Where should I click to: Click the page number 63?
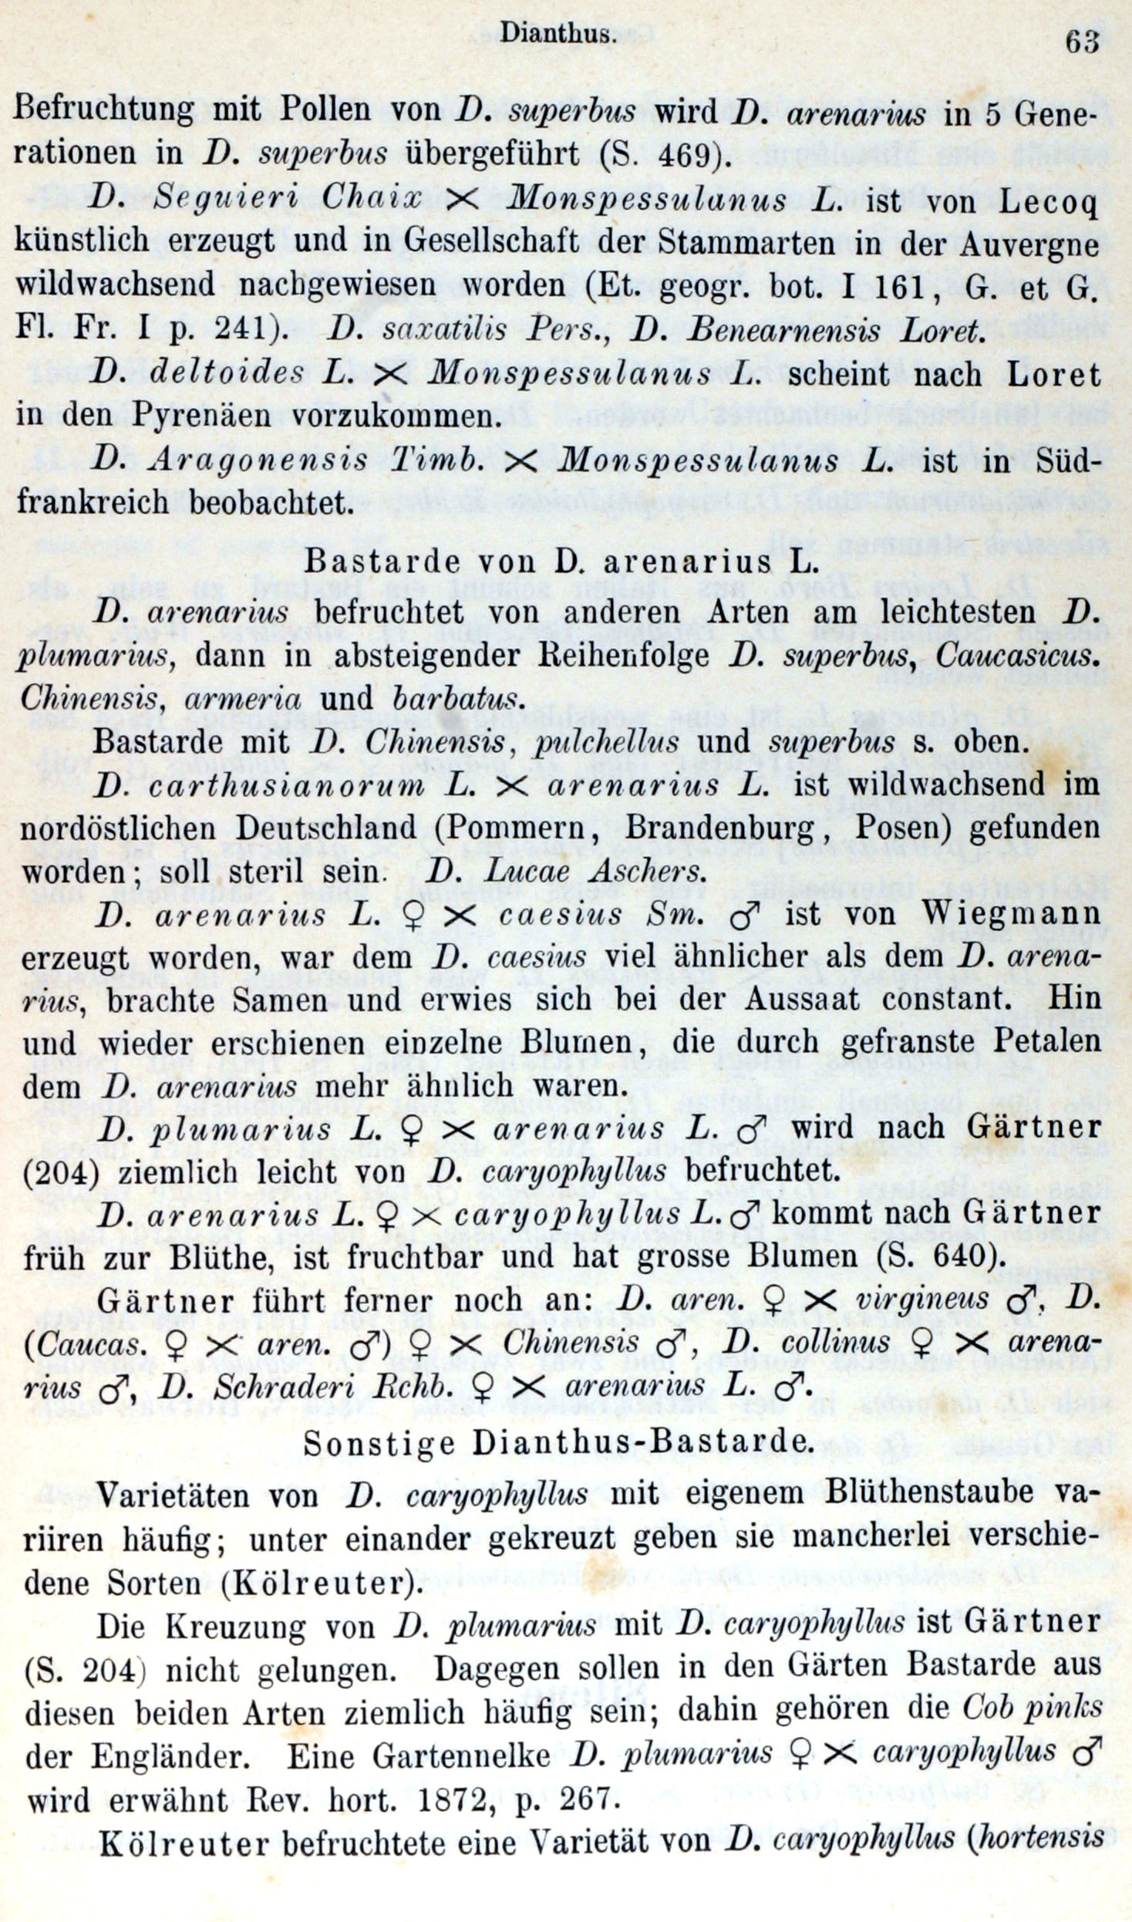(x=1081, y=40)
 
